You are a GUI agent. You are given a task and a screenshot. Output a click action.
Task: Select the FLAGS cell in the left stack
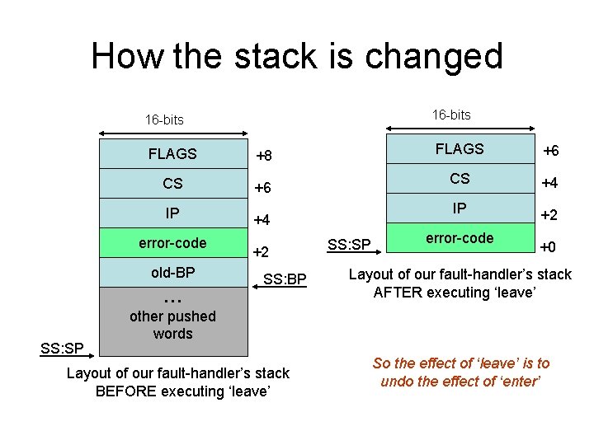(x=172, y=153)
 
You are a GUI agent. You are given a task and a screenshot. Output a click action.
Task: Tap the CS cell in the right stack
(x=460, y=179)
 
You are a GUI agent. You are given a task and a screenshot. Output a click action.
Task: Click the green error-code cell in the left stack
(x=172, y=243)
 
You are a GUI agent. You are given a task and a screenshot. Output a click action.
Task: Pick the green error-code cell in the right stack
(x=460, y=238)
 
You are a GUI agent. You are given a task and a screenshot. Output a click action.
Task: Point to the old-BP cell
(x=172, y=271)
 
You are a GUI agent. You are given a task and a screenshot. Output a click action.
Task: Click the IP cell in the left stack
(x=172, y=213)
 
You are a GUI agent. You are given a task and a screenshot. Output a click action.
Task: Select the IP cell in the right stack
(x=460, y=208)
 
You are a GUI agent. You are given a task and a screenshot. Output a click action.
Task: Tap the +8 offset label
(x=264, y=156)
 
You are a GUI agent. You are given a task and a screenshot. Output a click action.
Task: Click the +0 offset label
(x=548, y=246)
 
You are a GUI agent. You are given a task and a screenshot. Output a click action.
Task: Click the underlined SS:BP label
(x=285, y=282)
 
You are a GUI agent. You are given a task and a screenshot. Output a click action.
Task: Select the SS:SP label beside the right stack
(x=350, y=245)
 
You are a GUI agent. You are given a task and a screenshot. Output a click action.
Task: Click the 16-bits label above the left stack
(x=164, y=119)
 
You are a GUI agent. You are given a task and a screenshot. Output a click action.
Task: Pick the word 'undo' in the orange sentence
(x=397, y=382)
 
